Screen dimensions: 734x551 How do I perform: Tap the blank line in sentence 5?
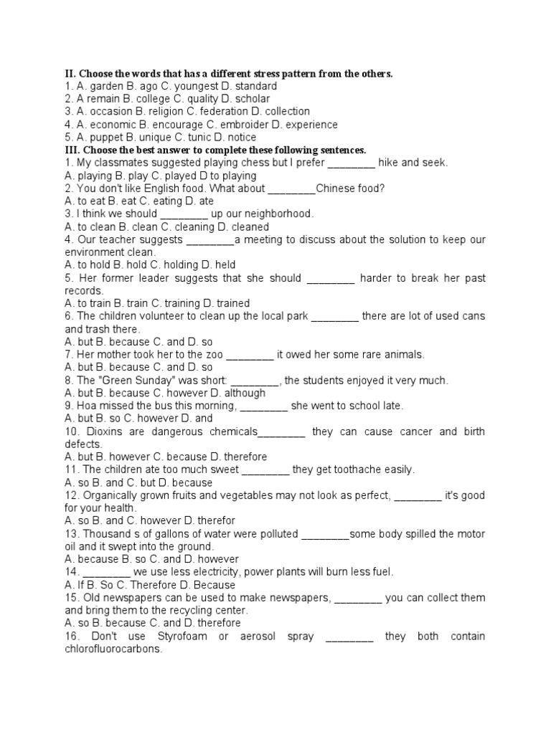click(331, 278)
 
